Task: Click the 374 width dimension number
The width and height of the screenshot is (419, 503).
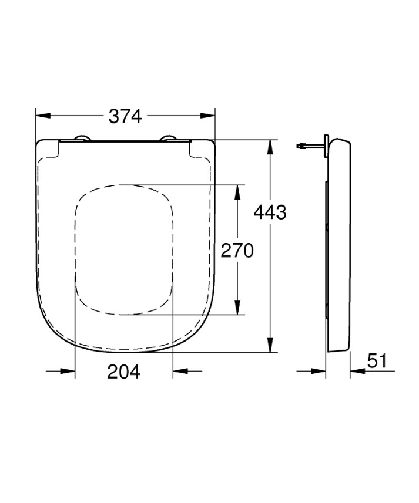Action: (x=125, y=116)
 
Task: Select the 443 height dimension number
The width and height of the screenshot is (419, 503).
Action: (x=269, y=212)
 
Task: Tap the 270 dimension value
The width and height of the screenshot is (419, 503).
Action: (x=236, y=251)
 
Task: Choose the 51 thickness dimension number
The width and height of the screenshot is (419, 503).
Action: (x=377, y=361)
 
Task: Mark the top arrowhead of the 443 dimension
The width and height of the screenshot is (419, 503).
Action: (x=270, y=147)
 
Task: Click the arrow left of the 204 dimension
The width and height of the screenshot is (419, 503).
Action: (x=69, y=371)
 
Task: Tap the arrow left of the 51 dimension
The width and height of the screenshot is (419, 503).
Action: (x=320, y=371)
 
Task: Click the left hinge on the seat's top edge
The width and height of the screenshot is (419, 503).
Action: (x=81, y=139)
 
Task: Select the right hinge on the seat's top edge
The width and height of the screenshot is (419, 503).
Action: (x=170, y=139)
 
